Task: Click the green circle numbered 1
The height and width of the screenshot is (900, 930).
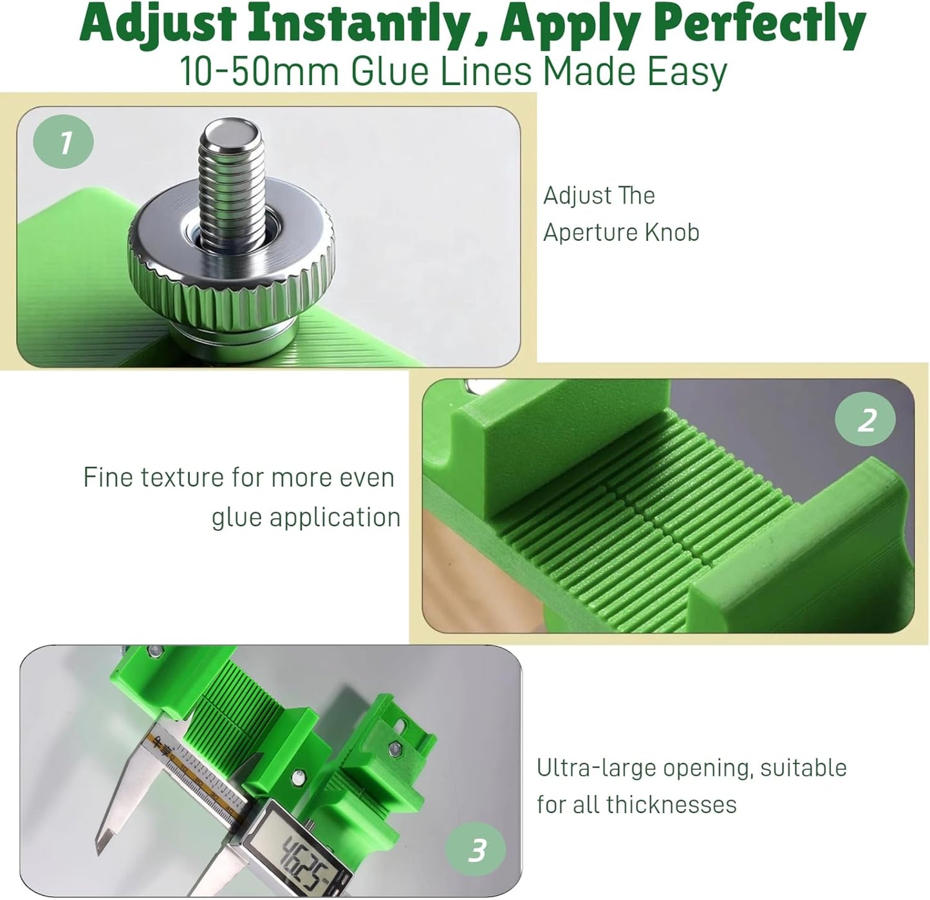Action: click(63, 142)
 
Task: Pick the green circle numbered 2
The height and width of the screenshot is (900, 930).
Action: click(866, 419)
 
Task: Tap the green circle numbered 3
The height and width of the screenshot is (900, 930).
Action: click(476, 850)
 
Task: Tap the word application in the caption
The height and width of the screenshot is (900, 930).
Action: click(335, 518)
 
